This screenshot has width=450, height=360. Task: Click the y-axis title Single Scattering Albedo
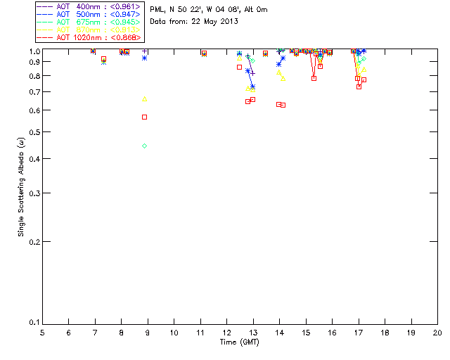[x=21, y=186]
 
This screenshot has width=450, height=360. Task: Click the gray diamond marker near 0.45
[x=144, y=146]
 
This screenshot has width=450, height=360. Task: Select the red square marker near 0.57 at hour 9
[x=144, y=117]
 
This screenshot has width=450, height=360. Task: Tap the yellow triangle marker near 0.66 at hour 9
[x=144, y=98]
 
